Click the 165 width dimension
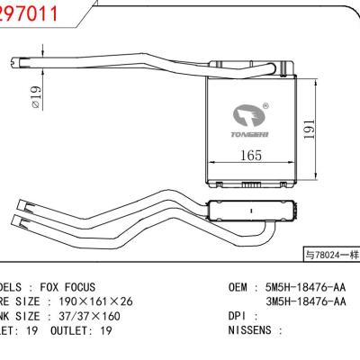pyautogui.click(x=252, y=156)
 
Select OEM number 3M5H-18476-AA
pyautogui.click(x=304, y=301)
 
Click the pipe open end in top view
pyautogui.click(x=13, y=62)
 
